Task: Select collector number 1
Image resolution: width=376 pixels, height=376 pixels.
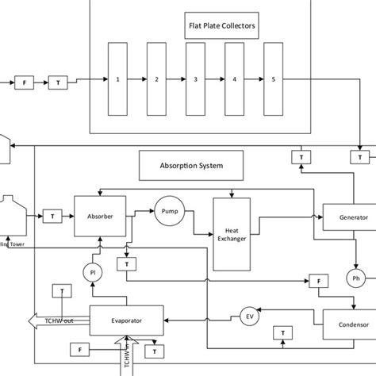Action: [x=117, y=79]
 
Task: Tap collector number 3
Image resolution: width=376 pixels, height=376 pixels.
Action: [x=196, y=79]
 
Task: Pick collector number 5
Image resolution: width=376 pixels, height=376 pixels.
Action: [x=273, y=79]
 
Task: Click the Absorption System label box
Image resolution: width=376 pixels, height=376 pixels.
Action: [x=192, y=167]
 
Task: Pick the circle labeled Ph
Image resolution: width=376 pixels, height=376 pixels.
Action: [x=355, y=278]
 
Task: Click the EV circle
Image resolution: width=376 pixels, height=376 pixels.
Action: [x=250, y=317]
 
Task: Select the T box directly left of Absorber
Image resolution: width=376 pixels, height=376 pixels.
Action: [x=53, y=216]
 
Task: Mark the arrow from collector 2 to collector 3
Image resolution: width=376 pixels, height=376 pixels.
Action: [x=176, y=79]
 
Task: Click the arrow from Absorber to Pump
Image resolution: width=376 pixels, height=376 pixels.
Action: [x=140, y=213]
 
